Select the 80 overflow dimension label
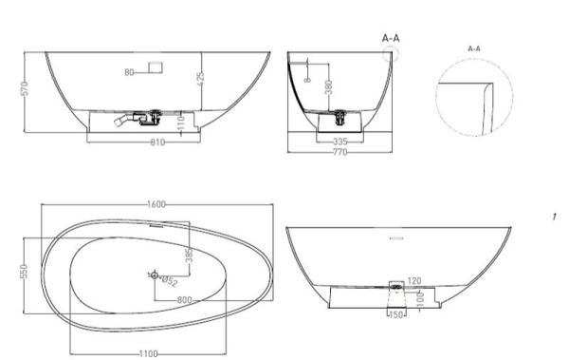130,71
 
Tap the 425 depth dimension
201,80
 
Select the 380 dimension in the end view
328,86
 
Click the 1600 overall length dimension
158,203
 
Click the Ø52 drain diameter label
168,280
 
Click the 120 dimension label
413,282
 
